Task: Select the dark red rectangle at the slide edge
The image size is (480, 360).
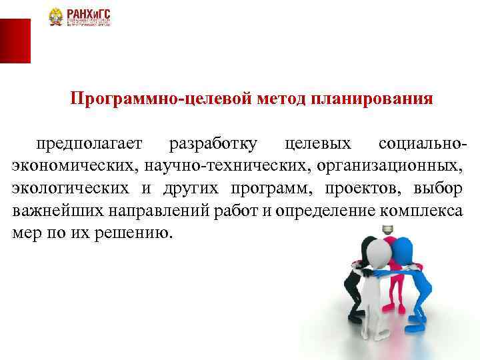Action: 15,41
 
